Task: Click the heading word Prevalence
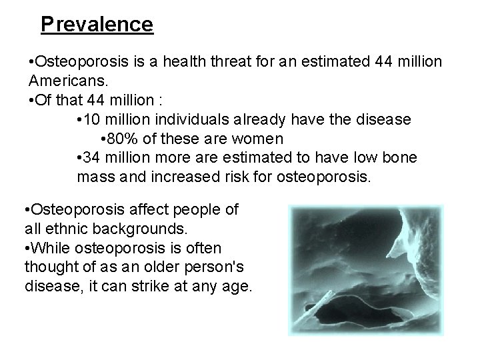point(97,25)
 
